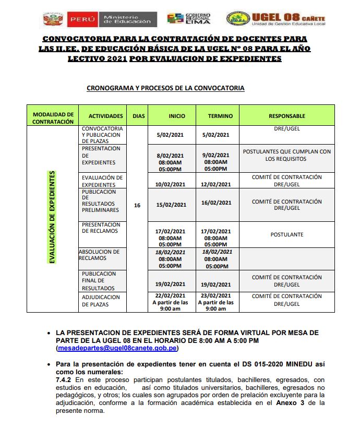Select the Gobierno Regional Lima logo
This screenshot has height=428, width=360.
(189, 19)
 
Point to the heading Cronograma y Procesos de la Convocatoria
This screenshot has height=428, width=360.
(165, 88)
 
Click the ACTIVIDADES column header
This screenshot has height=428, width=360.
(106, 116)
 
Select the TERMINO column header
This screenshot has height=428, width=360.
(220, 116)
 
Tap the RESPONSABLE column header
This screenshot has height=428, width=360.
(287, 116)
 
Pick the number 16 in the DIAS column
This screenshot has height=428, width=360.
(137, 206)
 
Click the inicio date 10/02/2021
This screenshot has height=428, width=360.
(171, 184)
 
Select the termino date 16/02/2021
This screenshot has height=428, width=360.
(217, 203)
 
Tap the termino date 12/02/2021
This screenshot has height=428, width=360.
(217, 184)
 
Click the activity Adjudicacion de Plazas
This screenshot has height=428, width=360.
(101, 301)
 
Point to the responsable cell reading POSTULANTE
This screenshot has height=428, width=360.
(287, 235)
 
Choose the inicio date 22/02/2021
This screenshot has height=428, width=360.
(171, 295)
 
